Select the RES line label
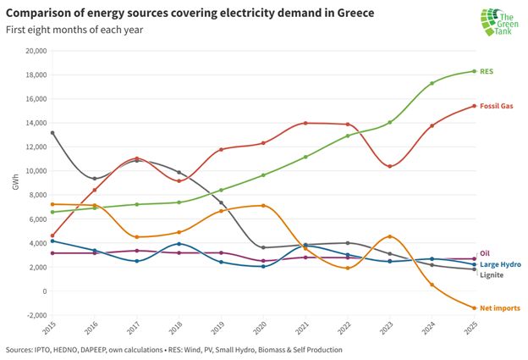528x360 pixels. click(x=487, y=72)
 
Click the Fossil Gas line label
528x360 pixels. click(x=498, y=107)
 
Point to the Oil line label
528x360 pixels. click(x=485, y=252)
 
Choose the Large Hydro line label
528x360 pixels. click(x=500, y=264)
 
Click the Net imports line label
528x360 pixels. click(x=499, y=307)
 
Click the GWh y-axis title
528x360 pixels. click(x=14, y=182)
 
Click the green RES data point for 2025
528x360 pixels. click(x=474, y=71)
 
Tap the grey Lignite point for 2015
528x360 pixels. click(x=52, y=133)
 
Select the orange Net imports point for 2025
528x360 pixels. click(x=474, y=307)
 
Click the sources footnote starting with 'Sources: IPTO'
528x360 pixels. click(x=174, y=349)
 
